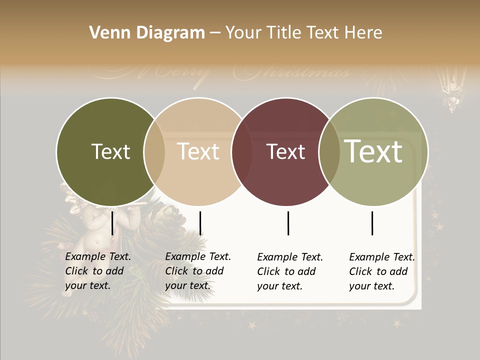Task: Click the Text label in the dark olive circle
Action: click(x=110, y=151)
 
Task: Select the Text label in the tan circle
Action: click(x=198, y=151)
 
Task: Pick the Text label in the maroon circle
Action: click(x=286, y=151)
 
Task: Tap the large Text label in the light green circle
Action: click(x=373, y=151)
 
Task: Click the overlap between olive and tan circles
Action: click(x=154, y=151)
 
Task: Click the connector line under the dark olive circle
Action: click(x=112, y=223)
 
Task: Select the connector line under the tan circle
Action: click(x=200, y=223)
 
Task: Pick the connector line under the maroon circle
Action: click(x=288, y=223)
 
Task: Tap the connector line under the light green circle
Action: click(x=372, y=223)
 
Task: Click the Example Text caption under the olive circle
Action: click(x=97, y=271)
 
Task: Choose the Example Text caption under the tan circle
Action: click(x=197, y=271)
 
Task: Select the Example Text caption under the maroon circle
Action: click(x=289, y=271)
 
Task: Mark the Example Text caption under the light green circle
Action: click(x=381, y=271)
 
